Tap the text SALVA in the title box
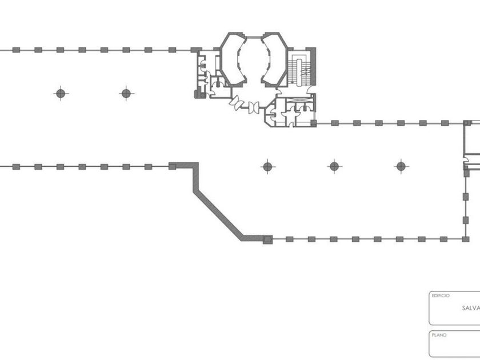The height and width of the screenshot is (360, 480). (471, 308)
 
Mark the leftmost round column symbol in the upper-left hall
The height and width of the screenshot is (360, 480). (61, 93)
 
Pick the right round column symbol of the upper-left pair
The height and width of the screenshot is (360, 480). (126, 93)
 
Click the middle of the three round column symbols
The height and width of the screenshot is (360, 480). (334, 167)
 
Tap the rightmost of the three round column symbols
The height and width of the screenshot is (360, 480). (401, 167)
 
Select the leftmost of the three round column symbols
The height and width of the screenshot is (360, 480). (267, 167)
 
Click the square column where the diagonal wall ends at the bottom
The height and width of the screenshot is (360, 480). (266, 239)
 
